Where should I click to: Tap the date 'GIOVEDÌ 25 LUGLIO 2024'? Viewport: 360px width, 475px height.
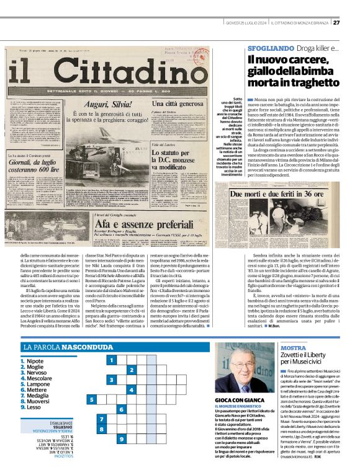(x=245, y=23)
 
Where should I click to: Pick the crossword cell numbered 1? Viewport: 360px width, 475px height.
(x=110, y=360)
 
